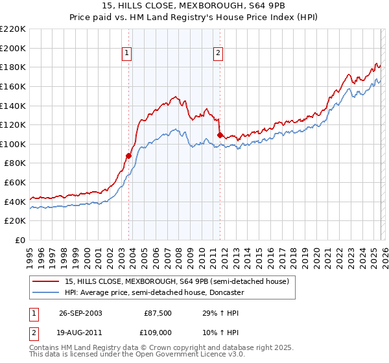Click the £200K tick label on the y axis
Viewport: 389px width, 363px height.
[13, 48]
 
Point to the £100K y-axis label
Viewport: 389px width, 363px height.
[13, 144]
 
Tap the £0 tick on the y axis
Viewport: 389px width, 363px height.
[19, 240]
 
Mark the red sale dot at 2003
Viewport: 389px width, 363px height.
[128, 156]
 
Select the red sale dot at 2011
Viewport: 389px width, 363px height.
[220, 135]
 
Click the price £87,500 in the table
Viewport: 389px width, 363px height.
[158, 312]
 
